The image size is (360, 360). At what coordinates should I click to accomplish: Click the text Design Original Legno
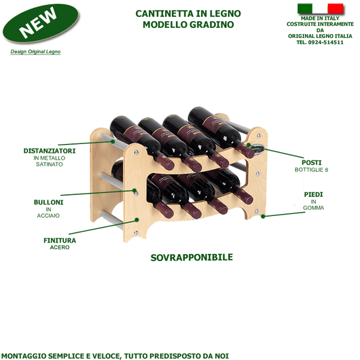35,52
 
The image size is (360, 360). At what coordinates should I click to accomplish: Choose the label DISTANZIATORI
49,150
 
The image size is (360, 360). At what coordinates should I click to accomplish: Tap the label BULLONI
49,202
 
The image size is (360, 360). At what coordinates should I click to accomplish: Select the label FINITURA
60,240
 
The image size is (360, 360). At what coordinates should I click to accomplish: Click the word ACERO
60,247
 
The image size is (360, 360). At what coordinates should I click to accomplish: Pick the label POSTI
312,162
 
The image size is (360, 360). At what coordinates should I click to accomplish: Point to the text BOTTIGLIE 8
312,169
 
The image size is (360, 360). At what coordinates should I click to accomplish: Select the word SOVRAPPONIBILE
192,257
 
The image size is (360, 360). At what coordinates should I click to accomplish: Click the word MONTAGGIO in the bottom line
27,355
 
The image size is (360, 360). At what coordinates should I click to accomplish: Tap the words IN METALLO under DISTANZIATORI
49,158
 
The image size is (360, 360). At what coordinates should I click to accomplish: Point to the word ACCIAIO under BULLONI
49,216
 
